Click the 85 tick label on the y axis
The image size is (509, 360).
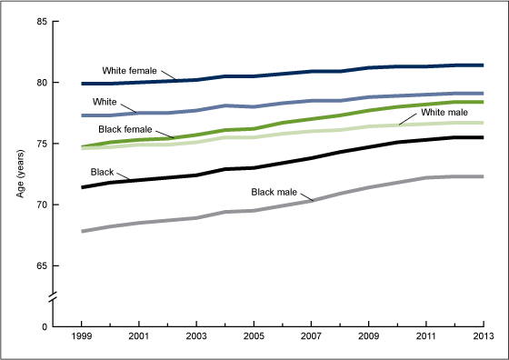pos(42,22)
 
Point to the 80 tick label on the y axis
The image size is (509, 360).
pos(42,83)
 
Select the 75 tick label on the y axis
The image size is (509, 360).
pos(42,144)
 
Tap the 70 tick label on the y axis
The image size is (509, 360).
pos(42,205)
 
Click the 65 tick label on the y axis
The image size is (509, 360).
pos(42,265)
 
